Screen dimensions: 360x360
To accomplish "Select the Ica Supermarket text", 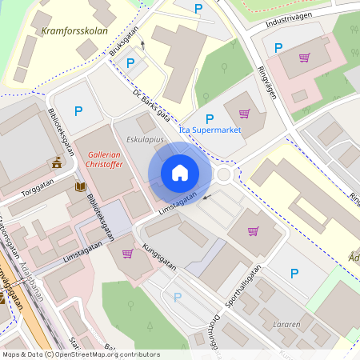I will point(210,130).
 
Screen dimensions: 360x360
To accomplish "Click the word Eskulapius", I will point(145,138).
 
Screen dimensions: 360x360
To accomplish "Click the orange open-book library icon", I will point(80,187).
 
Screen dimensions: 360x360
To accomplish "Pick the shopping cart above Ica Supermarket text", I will point(244,113).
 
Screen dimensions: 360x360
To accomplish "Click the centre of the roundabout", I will point(223,174).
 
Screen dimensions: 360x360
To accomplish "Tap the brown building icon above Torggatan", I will point(57,162).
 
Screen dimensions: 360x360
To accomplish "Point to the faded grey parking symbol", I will point(178,297).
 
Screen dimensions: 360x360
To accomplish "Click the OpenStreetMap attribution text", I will point(80,354).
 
